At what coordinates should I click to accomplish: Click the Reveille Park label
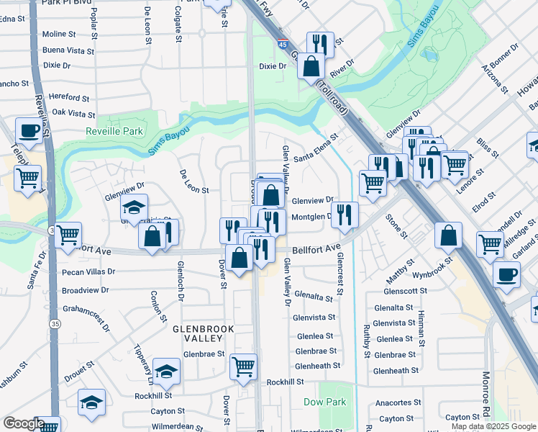pyautogui.click(x=114, y=131)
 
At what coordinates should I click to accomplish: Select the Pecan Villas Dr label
pyautogui.click(x=88, y=272)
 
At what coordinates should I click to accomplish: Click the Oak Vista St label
pyautogui.click(x=73, y=114)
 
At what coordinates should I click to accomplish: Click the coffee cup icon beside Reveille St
pyautogui.click(x=29, y=130)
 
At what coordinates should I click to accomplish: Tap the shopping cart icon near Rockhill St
pyautogui.click(x=243, y=366)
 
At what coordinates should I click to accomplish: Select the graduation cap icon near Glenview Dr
pyautogui.click(x=134, y=208)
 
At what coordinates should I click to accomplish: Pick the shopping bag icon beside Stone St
pyautogui.click(x=449, y=235)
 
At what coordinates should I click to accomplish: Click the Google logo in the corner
pyautogui.click(x=23, y=423)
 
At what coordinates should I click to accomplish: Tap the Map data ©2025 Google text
pyautogui.click(x=493, y=426)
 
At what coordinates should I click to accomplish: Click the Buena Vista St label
pyautogui.click(x=68, y=51)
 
